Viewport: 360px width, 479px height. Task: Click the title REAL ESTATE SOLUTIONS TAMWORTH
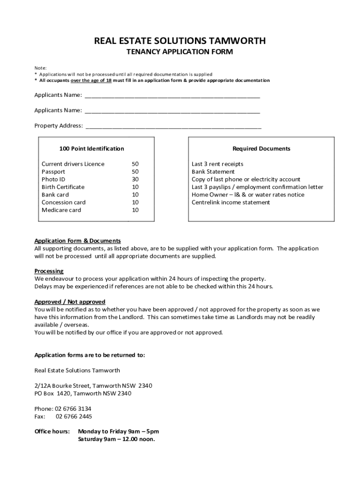[x=180, y=41]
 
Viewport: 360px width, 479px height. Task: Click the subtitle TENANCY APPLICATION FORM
[x=180, y=52]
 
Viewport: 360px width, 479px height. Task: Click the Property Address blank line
[x=173, y=126]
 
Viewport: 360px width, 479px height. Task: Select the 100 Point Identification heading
[x=92, y=149]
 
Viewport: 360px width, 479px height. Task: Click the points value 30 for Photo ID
[x=135, y=179]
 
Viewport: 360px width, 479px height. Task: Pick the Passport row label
[x=53, y=172]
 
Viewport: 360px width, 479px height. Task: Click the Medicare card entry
[x=61, y=210]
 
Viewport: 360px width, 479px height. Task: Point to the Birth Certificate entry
[x=63, y=187]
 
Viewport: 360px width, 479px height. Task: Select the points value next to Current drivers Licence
[x=135, y=164]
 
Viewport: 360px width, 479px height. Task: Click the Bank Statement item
[x=213, y=172]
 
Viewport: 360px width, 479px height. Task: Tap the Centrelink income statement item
[x=230, y=203]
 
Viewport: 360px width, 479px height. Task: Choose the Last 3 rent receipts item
[x=217, y=164]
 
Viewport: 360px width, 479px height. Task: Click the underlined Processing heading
[x=49, y=271]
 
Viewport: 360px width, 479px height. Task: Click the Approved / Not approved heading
[x=70, y=302]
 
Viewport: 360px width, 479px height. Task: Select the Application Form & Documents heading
[x=78, y=241]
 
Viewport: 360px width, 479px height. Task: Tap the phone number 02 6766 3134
[x=73, y=408]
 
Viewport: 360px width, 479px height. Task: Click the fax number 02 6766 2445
[x=74, y=416]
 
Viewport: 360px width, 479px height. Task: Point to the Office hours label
[x=52, y=431]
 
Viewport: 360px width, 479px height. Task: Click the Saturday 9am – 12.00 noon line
[x=116, y=439]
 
